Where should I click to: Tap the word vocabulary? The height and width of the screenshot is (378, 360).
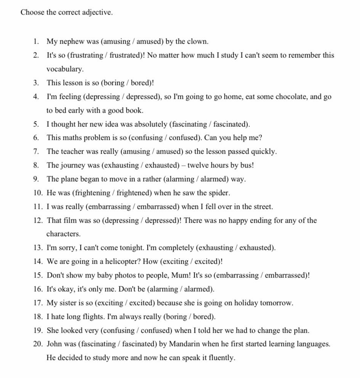click(65, 69)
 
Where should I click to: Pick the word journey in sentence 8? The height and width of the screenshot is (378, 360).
click(72, 165)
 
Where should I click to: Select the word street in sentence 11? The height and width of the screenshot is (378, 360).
click(262, 207)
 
